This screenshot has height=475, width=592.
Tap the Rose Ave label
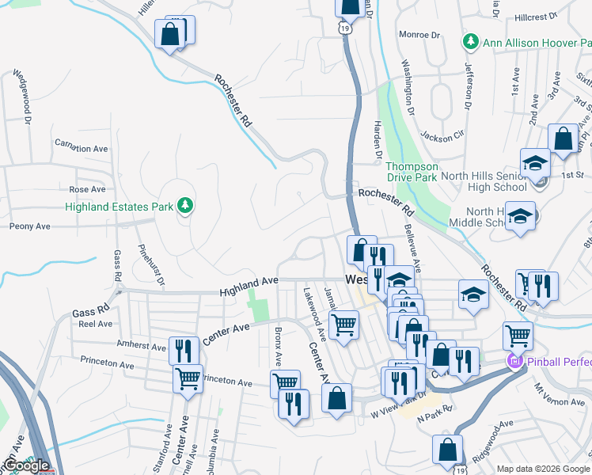(x=87, y=190)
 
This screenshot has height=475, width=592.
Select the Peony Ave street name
(x=30, y=226)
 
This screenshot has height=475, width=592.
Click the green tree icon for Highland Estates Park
(x=185, y=207)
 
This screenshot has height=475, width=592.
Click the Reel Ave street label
(x=95, y=324)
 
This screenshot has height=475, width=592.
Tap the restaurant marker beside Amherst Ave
(x=184, y=348)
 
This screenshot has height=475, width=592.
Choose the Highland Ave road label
(x=249, y=283)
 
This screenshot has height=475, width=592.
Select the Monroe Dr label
(x=419, y=35)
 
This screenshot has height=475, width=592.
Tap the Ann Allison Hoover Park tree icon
(x=471, y=40)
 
